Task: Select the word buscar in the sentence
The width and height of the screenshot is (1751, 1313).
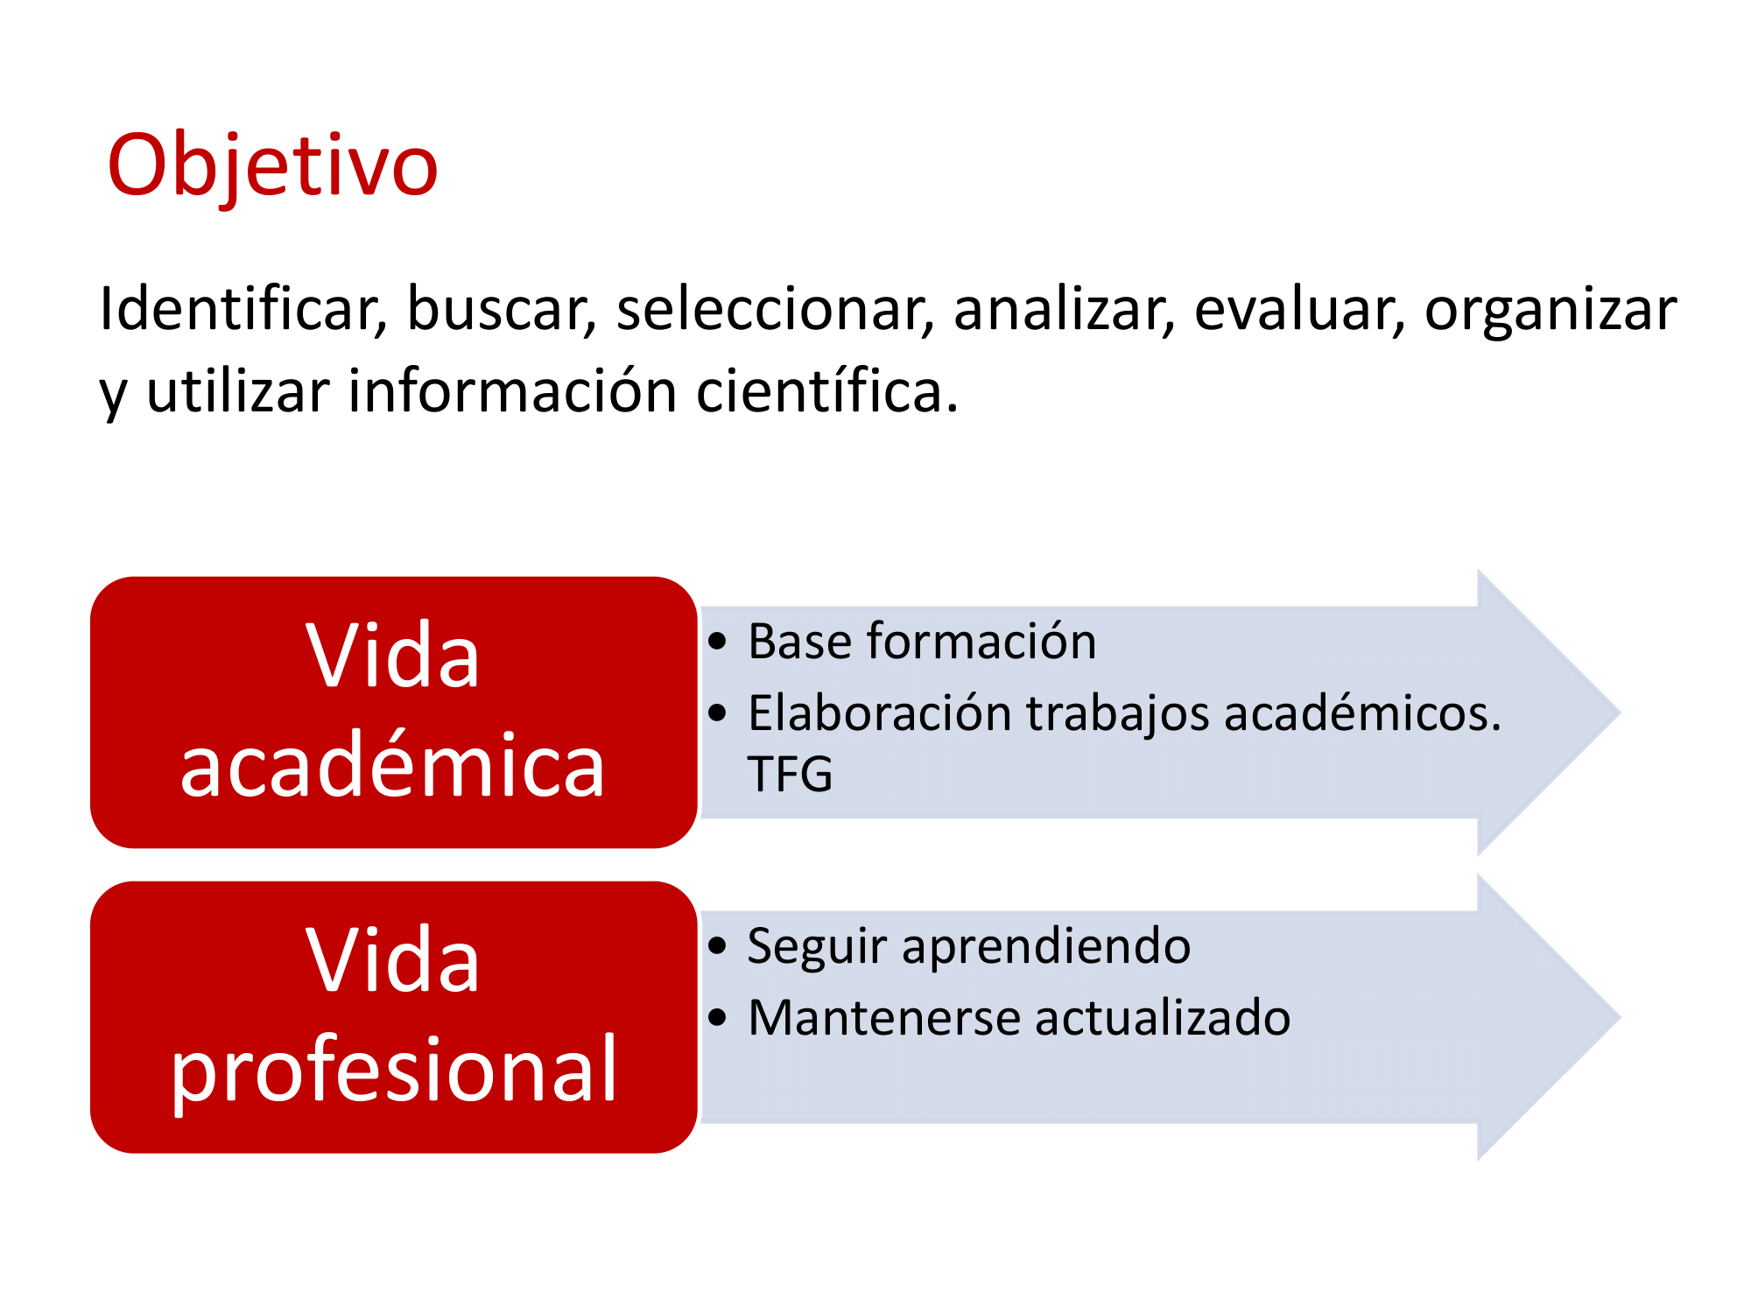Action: (x=502, y=309)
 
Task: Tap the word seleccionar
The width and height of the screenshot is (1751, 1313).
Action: (x=775, y=309)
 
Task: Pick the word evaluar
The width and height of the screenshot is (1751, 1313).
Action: (x=1299, y=309)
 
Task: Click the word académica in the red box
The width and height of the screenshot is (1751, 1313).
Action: (x=393, y=764)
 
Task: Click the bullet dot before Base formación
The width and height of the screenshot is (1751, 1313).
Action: (x=718, y=642)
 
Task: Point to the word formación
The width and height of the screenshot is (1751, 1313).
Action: (x=981, y=640)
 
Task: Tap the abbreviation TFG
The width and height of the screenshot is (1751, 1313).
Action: (x=790, y=774)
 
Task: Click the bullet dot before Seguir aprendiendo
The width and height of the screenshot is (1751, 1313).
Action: (x=718, y=946)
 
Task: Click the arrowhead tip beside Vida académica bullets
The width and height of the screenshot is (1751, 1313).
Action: (x=1620, y=713)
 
